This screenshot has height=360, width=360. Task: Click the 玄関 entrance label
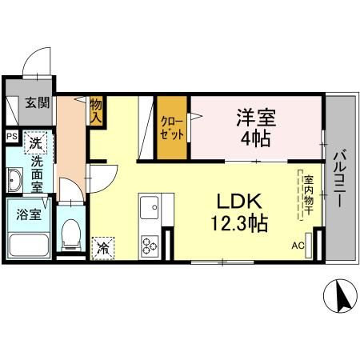(x=36, y=102)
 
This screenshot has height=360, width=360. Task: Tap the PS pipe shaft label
(x=11, y=137)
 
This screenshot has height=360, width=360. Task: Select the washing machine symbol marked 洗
(x=35, y=142)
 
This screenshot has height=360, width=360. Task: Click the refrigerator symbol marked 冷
(x=102, y=248)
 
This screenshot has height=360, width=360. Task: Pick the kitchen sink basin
(x=149, y=210)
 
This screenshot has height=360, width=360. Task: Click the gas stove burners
(x=149, y=244)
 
